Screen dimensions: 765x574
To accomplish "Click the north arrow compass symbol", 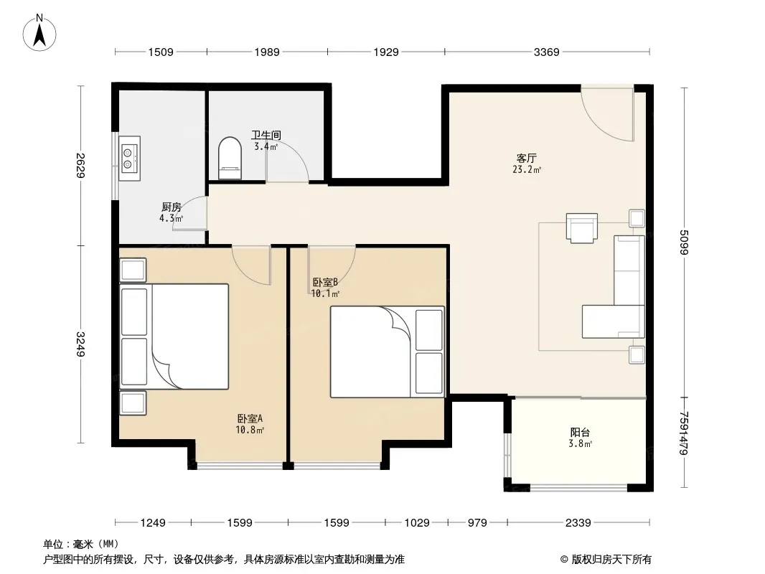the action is [x=39, y=33].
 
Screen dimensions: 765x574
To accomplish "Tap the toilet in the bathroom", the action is [x=230, y=158].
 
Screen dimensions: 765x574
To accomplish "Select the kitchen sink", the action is [x=130, y=158].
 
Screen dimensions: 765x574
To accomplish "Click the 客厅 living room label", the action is [x=527, y=159].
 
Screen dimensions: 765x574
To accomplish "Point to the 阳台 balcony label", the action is [x=580, y=432].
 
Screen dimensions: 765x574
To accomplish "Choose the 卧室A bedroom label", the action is [x=250, y=418].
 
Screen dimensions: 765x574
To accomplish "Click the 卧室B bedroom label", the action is [x=325, y=282].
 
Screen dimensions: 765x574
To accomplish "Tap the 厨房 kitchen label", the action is [x=172, y=207].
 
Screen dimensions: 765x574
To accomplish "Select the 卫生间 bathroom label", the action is [x=266, y=135].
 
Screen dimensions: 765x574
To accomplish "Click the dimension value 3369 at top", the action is [x=546, y=52].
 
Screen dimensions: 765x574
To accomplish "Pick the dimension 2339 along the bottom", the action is [x=578, y=523].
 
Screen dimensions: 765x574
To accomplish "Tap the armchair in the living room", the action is [x=581, y=227].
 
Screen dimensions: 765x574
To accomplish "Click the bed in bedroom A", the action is [x=174, y=337].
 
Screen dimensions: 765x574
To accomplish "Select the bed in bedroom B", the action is [x=388, y=352].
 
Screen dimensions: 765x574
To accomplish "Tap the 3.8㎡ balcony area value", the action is [x=580, y=444].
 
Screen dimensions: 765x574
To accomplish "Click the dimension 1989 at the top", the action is [x=267, y=52].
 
